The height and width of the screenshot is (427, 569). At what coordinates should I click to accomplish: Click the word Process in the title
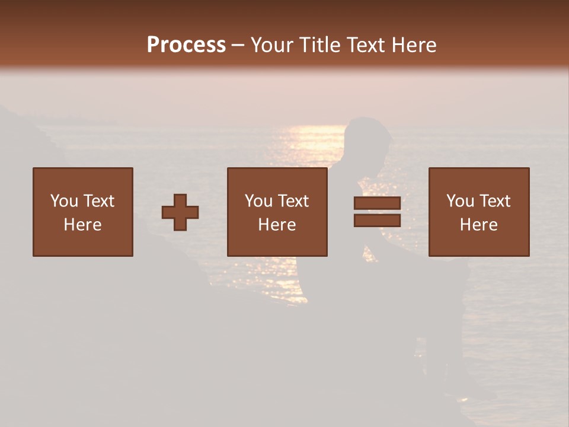pyautogui.click(x=186, y=45)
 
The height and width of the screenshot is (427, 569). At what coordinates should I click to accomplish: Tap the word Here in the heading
pyautogui.click(x=414, y=45)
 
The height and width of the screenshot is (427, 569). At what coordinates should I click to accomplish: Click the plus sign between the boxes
pyautogui.click(x=180, y=212)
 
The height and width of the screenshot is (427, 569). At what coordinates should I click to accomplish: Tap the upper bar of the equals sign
pyautogui.click(x=377, y=203)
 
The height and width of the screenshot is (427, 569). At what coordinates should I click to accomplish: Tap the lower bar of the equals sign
pyautogui.click(x=377, y=221)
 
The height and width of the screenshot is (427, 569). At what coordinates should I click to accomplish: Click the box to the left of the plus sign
pyautogui.click(x=83, y=212)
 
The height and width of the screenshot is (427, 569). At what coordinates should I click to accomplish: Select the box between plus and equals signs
pyautogui.click(x=277, y=212)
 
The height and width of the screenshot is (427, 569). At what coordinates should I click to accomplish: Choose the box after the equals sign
pyautogui.click(x=479, y=212)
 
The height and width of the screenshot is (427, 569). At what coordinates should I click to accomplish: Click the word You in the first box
pyautogui.click(x=64, y=201)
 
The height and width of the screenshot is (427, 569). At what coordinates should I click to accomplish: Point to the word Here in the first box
pyautogui.click(x=83, y=225)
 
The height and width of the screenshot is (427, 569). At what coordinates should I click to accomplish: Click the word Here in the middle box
pyautogui.click(x=277, y=225)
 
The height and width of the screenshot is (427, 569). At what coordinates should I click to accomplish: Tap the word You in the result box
pyautogui.click(x=460, y=201)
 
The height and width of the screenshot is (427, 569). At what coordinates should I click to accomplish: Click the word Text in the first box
pyautogui.click(x=98, y=201)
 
